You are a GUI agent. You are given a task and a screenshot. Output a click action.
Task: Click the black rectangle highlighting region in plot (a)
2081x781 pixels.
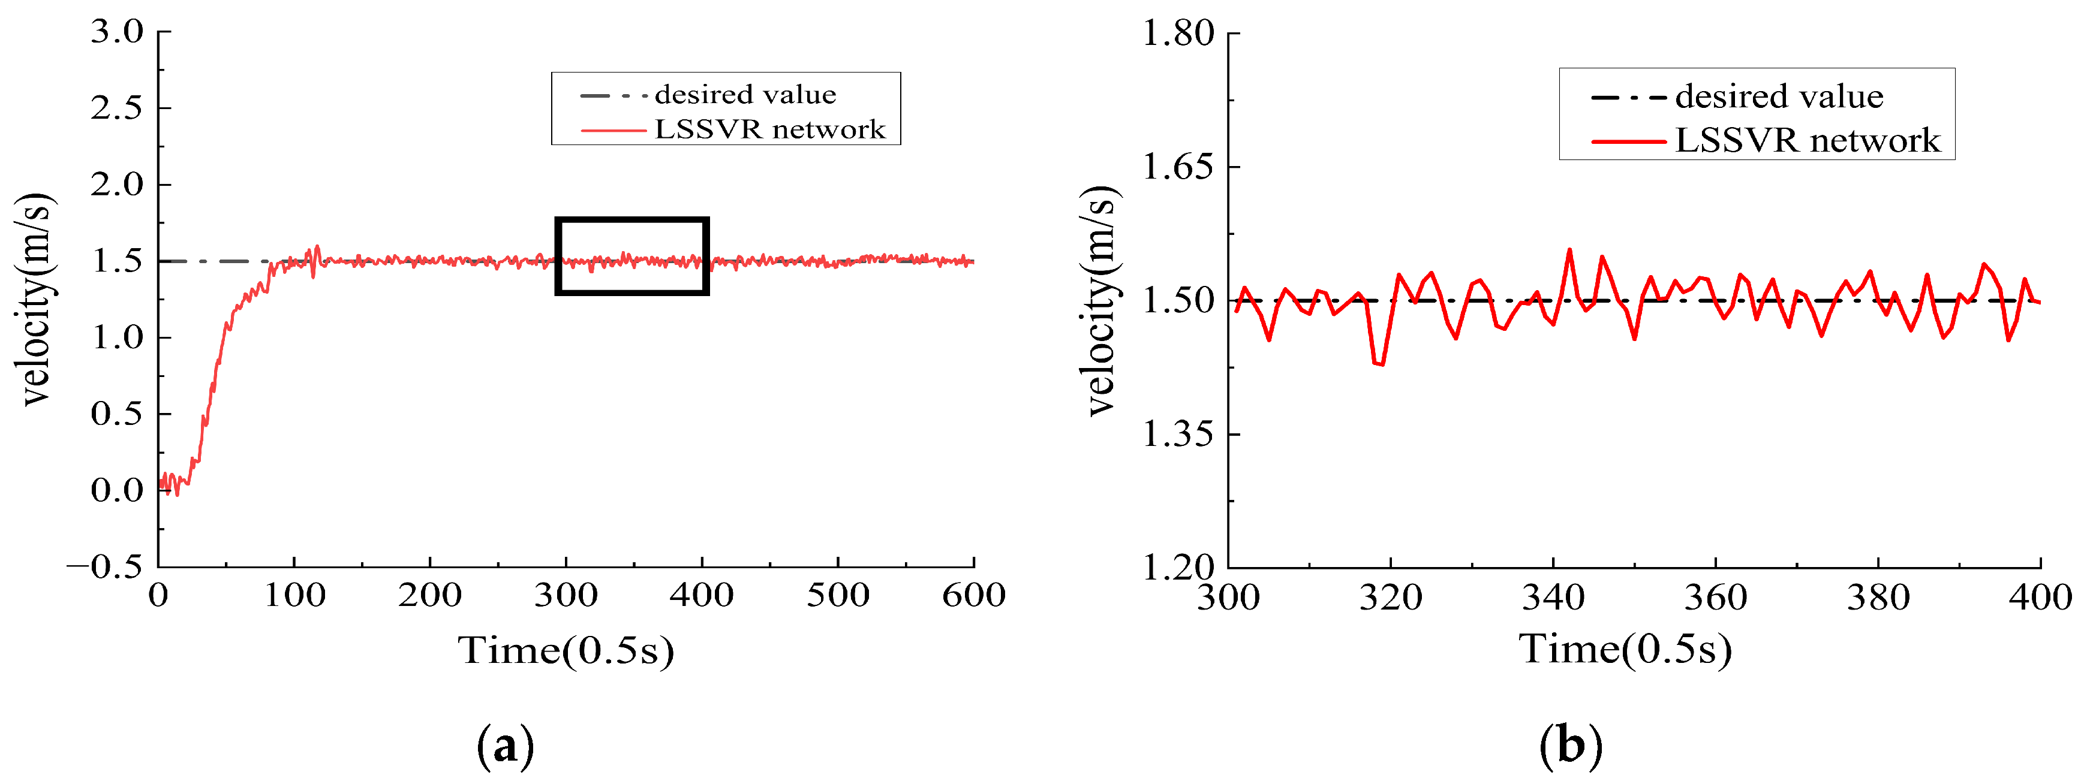631,220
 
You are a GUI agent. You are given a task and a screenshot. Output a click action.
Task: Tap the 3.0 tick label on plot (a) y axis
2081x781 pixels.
117,32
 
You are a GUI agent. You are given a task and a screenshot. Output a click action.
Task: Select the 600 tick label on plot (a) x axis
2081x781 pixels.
973,596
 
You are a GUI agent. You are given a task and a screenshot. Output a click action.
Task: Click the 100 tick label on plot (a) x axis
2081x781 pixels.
294,596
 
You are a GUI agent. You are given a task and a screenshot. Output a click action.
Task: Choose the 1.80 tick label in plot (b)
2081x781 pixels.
1178,34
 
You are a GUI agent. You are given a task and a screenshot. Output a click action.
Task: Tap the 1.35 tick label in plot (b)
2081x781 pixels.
1178,435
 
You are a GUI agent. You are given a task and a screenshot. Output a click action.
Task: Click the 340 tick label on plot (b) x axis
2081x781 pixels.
1553,598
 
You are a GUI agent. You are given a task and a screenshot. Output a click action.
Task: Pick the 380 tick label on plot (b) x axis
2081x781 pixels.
1878,598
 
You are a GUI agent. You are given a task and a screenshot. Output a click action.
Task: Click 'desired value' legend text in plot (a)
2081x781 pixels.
745,95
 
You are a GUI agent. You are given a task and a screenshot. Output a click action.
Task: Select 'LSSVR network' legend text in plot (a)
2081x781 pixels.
769,129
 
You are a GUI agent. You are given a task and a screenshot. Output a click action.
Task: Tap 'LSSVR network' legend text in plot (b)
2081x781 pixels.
1807,140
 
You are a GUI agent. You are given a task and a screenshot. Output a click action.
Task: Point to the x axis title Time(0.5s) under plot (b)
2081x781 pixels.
1625,649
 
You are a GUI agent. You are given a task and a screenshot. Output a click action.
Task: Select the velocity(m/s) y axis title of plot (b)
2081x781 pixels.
1102,300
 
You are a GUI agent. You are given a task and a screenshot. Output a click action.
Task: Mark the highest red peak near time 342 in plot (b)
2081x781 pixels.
1569,249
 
